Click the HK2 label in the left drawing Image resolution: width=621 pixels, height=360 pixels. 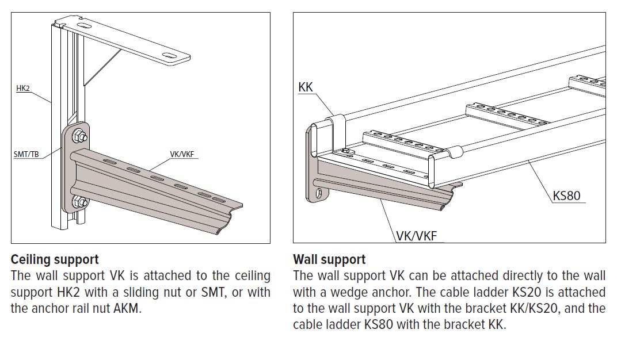point(23,89)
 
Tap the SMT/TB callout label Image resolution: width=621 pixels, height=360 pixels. point(26,154)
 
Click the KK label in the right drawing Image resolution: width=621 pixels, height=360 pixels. point(306,87)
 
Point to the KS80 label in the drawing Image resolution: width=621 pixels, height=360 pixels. point(566,196)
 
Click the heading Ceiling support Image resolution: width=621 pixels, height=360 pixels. point(55,259)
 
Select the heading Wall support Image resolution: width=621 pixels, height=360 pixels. point(329,259)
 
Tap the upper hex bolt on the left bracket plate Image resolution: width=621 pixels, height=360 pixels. point(80,137)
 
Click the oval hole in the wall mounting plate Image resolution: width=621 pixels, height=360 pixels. point(317,193)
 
